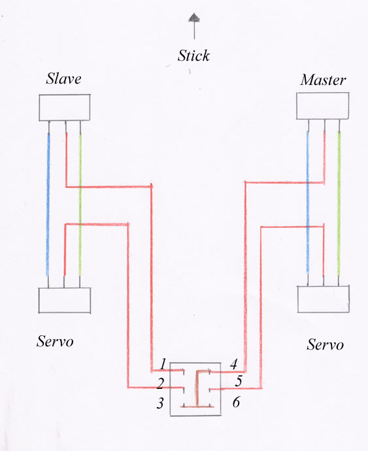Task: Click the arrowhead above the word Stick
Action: [x=194, y=17]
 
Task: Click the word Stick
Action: [x=193, y=56]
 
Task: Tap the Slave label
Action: [x=63, y=78]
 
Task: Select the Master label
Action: [x=323, y=80]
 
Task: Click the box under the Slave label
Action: [x=65, y=108]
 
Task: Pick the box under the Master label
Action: [x=323, y=106]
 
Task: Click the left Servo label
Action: [x=55, y=341]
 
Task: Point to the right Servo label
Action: [x=325, y=344]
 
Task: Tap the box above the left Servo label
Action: [x=65, y=300]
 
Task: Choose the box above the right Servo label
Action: [x=324, y=299]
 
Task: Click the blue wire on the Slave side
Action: [x=48, y=204]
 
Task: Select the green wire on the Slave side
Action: [x=80, y=204]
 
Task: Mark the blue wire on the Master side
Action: [x=308, y=202]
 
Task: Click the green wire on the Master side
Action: [x=339, y=203]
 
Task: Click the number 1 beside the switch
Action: [x=163, y=364]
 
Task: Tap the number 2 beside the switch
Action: [x=161, y=384]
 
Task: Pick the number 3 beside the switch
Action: [x=160, y=403]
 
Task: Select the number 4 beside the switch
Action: [x=233, y=364]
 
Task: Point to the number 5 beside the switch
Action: [x=239, y=381]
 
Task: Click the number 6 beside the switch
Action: [x=236, y=402]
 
